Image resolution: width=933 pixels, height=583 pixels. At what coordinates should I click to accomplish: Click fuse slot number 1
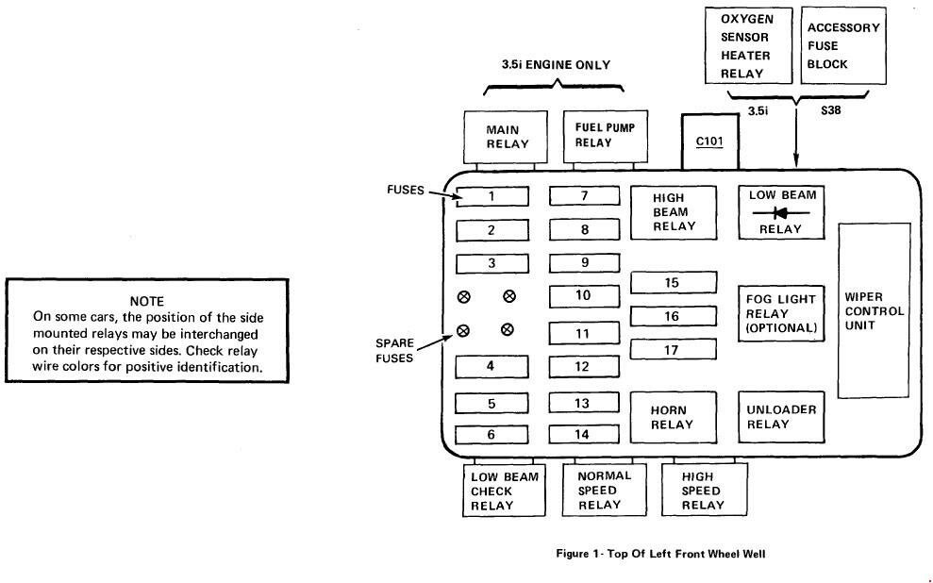pyautogui.click(x=491, y=197)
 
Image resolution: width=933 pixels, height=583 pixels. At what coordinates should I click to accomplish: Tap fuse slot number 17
pyautogui.click(x=672, y=350)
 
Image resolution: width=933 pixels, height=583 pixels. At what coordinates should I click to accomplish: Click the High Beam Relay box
pyautogui.click(x=674, y=212)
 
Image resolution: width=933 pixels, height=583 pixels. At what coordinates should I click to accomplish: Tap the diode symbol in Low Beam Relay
pyautogui.click(x=782, y=212)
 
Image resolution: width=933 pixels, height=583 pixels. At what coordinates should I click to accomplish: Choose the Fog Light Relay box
pyautogui.click(x=781, y=313)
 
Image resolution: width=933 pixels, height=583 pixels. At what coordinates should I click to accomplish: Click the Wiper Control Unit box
pyautogui.click(x=875, y=310)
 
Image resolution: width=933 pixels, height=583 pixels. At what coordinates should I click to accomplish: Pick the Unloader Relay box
pyautogui.click(x=781, y=417)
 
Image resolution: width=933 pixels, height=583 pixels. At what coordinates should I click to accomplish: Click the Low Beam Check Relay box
pyautogui.click(x=504, y=491)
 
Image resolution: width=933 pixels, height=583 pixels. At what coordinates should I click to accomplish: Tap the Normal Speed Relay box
pyautogui.click(x=605, y=490)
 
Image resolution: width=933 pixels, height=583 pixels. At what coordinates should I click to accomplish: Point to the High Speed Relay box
pyautogui.click(x=703, y=490)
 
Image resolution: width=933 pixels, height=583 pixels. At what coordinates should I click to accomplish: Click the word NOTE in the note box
pyautogui.click(x=146, y=301)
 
